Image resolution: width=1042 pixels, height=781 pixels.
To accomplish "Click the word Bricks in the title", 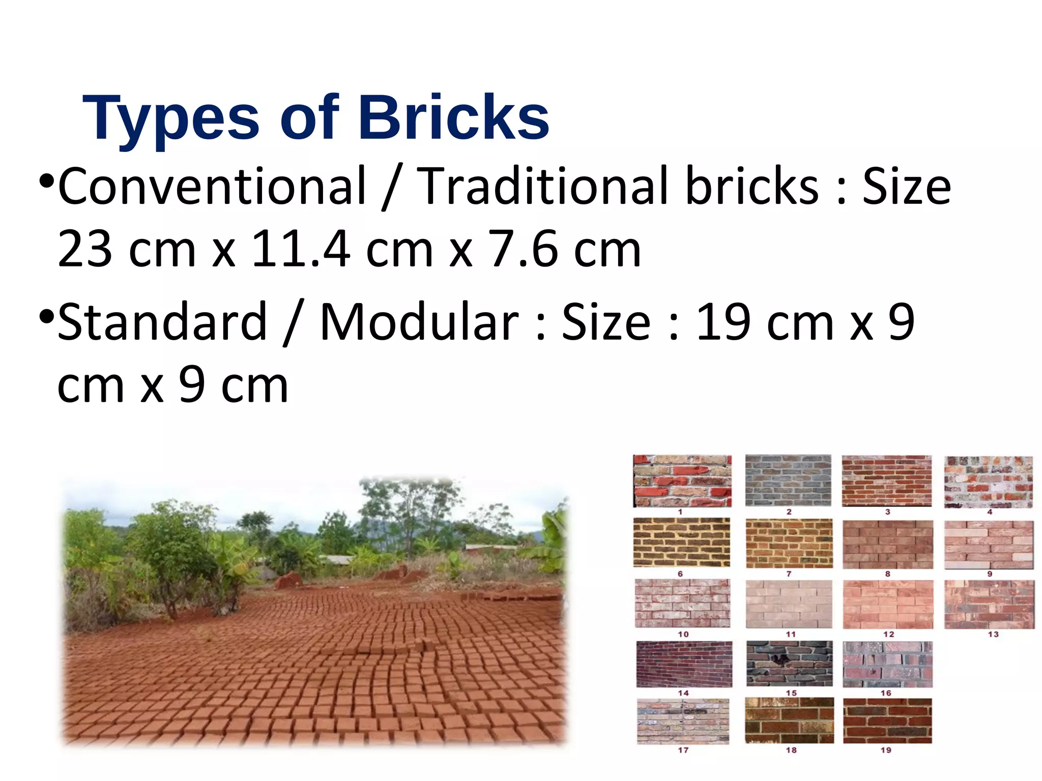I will click(x=454, y=118).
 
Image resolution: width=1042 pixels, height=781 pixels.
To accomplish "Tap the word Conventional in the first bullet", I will click(x=212, y=186).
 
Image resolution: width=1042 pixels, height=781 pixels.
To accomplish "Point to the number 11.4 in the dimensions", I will click(x=301, y=249).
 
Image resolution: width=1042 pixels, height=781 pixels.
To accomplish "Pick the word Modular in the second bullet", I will click(x=419, y=322).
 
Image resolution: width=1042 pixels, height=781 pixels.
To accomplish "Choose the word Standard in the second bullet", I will click(x=162, y=322).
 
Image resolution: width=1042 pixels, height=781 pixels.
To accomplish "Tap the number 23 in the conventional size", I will click(x=85, y=249).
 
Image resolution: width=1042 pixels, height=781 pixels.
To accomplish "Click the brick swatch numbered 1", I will click(x=682, y=481).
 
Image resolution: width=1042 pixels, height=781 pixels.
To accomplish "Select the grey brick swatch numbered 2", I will click(x=788, y=480).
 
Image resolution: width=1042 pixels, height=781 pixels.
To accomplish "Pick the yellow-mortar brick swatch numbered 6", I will click(x=682, y=543).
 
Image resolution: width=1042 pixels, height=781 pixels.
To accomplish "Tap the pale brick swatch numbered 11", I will click(x=789, y=604).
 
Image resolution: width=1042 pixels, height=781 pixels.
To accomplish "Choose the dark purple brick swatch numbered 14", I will click(x=684, y=664).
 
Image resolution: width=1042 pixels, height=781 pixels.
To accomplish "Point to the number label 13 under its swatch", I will click(x=993, y=635).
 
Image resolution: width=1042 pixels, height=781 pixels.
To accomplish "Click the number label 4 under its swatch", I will click(x=990, y=512).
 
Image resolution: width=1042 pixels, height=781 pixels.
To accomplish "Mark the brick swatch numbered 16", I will click(x=887, y=664).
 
